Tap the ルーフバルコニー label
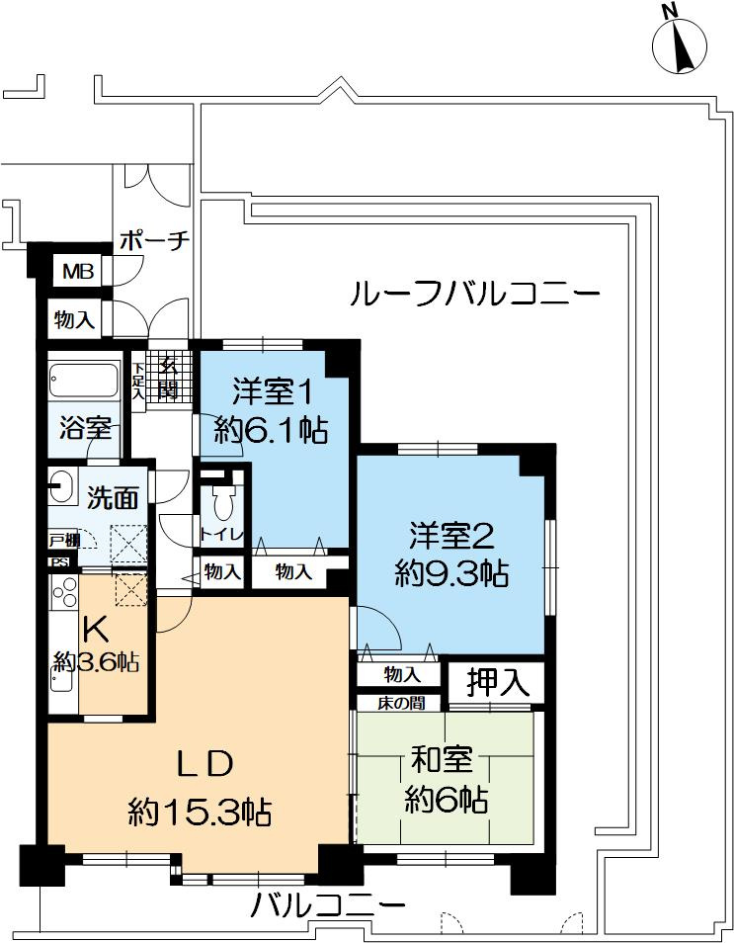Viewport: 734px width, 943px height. tap(474, 294)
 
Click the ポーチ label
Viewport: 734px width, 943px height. tap(153, 241)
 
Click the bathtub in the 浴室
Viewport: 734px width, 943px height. tap(83, 382)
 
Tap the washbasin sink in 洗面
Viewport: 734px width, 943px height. tap(62, 486)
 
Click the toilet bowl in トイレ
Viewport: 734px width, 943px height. tap(223, 504)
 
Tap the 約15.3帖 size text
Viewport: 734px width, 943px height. tap(200, 813)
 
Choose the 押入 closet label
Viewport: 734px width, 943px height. tap(492, 681)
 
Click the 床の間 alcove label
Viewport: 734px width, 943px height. tap(400, 704)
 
